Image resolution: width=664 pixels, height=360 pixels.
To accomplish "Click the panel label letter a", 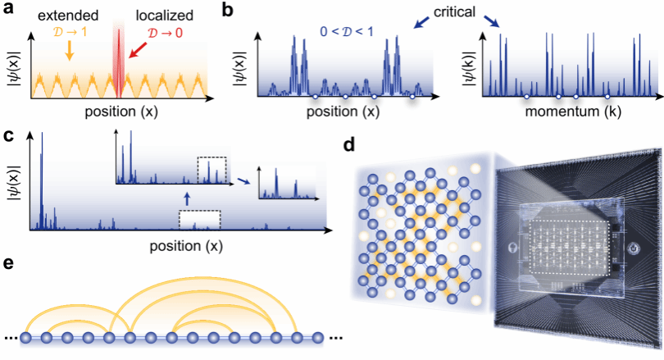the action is tap(8, 9).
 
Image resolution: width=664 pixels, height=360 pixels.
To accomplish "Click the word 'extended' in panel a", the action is tap(68, 16).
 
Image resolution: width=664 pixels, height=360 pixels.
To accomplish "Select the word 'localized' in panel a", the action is tap(164, 16).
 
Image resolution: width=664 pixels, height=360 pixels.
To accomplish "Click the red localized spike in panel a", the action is tap(119, 62).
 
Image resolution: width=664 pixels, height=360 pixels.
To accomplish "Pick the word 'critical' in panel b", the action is tap(454, 11).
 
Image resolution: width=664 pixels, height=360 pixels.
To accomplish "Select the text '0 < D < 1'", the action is tap(347, 31).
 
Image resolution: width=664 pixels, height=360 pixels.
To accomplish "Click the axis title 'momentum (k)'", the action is tap(573, 112).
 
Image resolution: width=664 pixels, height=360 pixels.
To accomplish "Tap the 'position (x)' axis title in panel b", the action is tap(343, 112).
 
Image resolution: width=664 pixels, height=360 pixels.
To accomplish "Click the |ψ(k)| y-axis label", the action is tap(469, 69).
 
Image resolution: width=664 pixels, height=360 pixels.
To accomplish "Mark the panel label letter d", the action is tap(349, 145).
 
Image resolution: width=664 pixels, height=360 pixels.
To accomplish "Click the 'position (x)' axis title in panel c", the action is tap(186, 246).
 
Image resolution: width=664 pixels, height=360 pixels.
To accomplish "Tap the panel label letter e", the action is tap(8, 263).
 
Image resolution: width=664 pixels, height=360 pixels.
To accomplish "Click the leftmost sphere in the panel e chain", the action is tap(26, 338).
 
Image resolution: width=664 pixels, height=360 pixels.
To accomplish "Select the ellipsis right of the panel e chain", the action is tap(335, 339).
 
